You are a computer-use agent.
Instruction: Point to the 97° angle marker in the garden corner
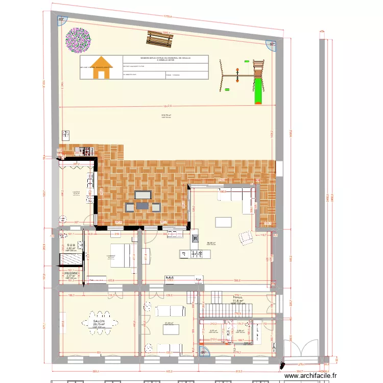tap(272, 44)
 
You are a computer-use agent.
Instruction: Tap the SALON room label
tap(99, 322)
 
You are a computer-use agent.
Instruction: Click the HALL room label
tap(237, 297)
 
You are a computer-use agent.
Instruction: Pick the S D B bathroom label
tap(71, 246)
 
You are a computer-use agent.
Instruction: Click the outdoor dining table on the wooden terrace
tap(142, 205)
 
